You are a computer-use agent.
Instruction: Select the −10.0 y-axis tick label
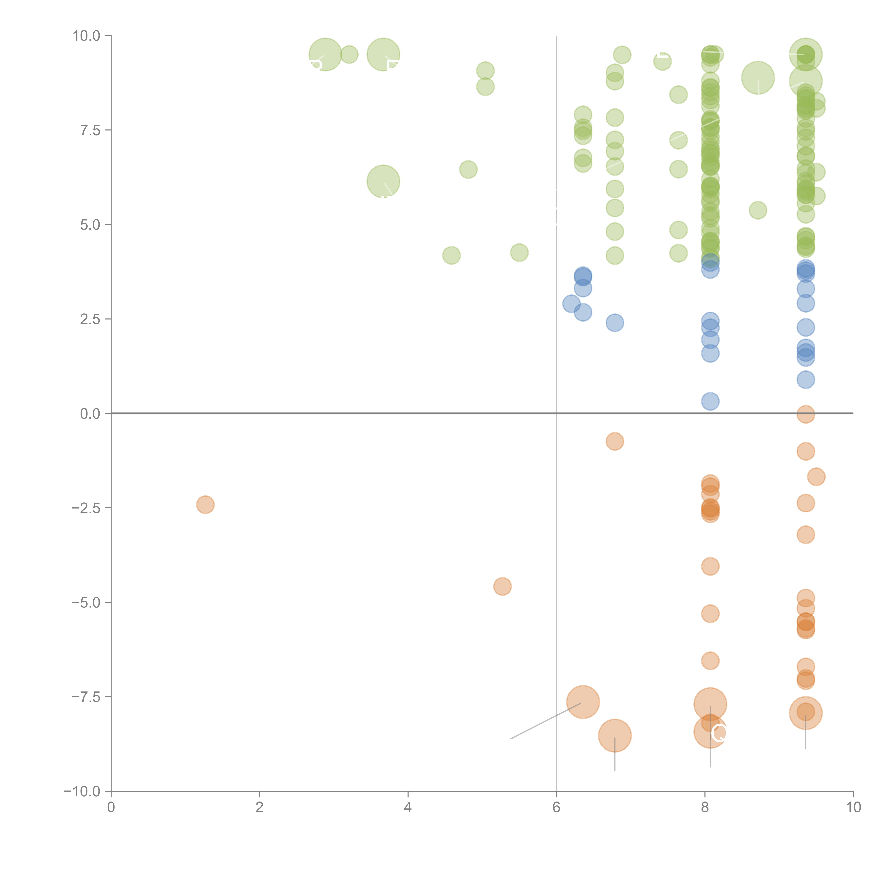coord(82,791)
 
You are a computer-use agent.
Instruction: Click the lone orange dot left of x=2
coord(205,505)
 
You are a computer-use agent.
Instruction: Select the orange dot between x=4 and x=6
coord(502,586)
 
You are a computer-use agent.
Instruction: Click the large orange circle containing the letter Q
coord(710,732)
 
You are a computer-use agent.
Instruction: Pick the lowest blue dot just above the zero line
coord(710,401)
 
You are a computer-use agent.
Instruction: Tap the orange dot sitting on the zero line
coord(805,414)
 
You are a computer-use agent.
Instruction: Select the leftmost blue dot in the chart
coord(571,304)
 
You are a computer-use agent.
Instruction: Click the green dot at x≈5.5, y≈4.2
coord(519,252)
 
